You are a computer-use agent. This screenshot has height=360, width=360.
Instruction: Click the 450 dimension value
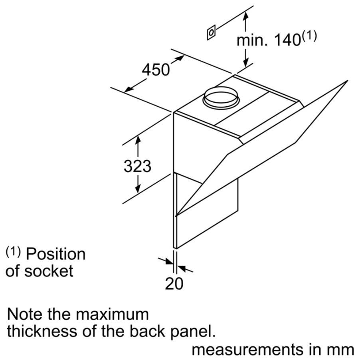pos(156,70)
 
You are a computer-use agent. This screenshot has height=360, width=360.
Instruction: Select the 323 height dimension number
pos(138,166)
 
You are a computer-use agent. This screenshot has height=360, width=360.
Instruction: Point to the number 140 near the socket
pos(287,40)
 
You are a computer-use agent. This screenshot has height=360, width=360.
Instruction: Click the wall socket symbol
pos(211,32)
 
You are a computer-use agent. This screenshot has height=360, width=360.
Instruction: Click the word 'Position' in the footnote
pos(56,254)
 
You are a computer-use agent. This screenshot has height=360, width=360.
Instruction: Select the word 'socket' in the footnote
pos(49,271)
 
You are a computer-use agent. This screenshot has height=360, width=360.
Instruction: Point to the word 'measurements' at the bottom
pos(247,350)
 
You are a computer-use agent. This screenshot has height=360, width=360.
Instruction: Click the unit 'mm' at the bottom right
pos(344,350)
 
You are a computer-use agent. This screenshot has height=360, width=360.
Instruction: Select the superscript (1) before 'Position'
pos(13,252)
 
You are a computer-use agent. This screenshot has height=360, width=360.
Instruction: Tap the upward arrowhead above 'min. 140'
pos(246,16)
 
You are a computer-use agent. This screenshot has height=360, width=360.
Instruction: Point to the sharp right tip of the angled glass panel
pos(347,81)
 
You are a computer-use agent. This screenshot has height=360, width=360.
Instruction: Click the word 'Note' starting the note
pos(25,314)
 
